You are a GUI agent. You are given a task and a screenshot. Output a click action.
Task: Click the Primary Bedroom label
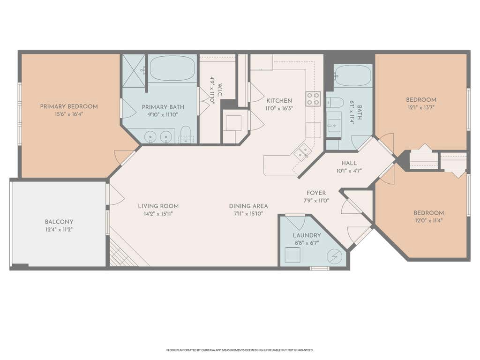pos(69,106)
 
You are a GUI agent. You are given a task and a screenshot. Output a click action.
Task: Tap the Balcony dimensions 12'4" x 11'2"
pos(59,229)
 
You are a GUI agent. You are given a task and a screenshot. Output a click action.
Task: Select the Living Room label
pos(158,206)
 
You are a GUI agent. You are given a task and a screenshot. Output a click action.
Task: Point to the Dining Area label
pos(248,206)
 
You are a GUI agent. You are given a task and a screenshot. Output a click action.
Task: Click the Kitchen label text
pos(279,100)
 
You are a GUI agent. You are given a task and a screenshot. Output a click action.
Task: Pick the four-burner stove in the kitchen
pos(313,98)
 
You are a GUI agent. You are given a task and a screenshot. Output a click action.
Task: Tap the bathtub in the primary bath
pos(172,68)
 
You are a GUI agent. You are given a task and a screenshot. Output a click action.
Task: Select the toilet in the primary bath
pos(186,135)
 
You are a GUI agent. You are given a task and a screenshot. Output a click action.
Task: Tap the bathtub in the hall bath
pos(352,75)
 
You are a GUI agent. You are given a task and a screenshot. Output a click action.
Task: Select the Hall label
pos(349,163)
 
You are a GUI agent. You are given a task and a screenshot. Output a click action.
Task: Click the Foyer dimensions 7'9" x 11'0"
pos(316,201)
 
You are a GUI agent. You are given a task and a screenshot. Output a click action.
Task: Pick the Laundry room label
pos(307,235)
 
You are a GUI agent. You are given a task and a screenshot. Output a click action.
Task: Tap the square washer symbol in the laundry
pos(292,255)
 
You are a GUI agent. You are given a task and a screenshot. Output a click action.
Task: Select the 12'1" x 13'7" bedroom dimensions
pos(421,107)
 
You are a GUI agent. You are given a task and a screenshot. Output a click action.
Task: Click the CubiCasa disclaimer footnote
pos(240,350)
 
